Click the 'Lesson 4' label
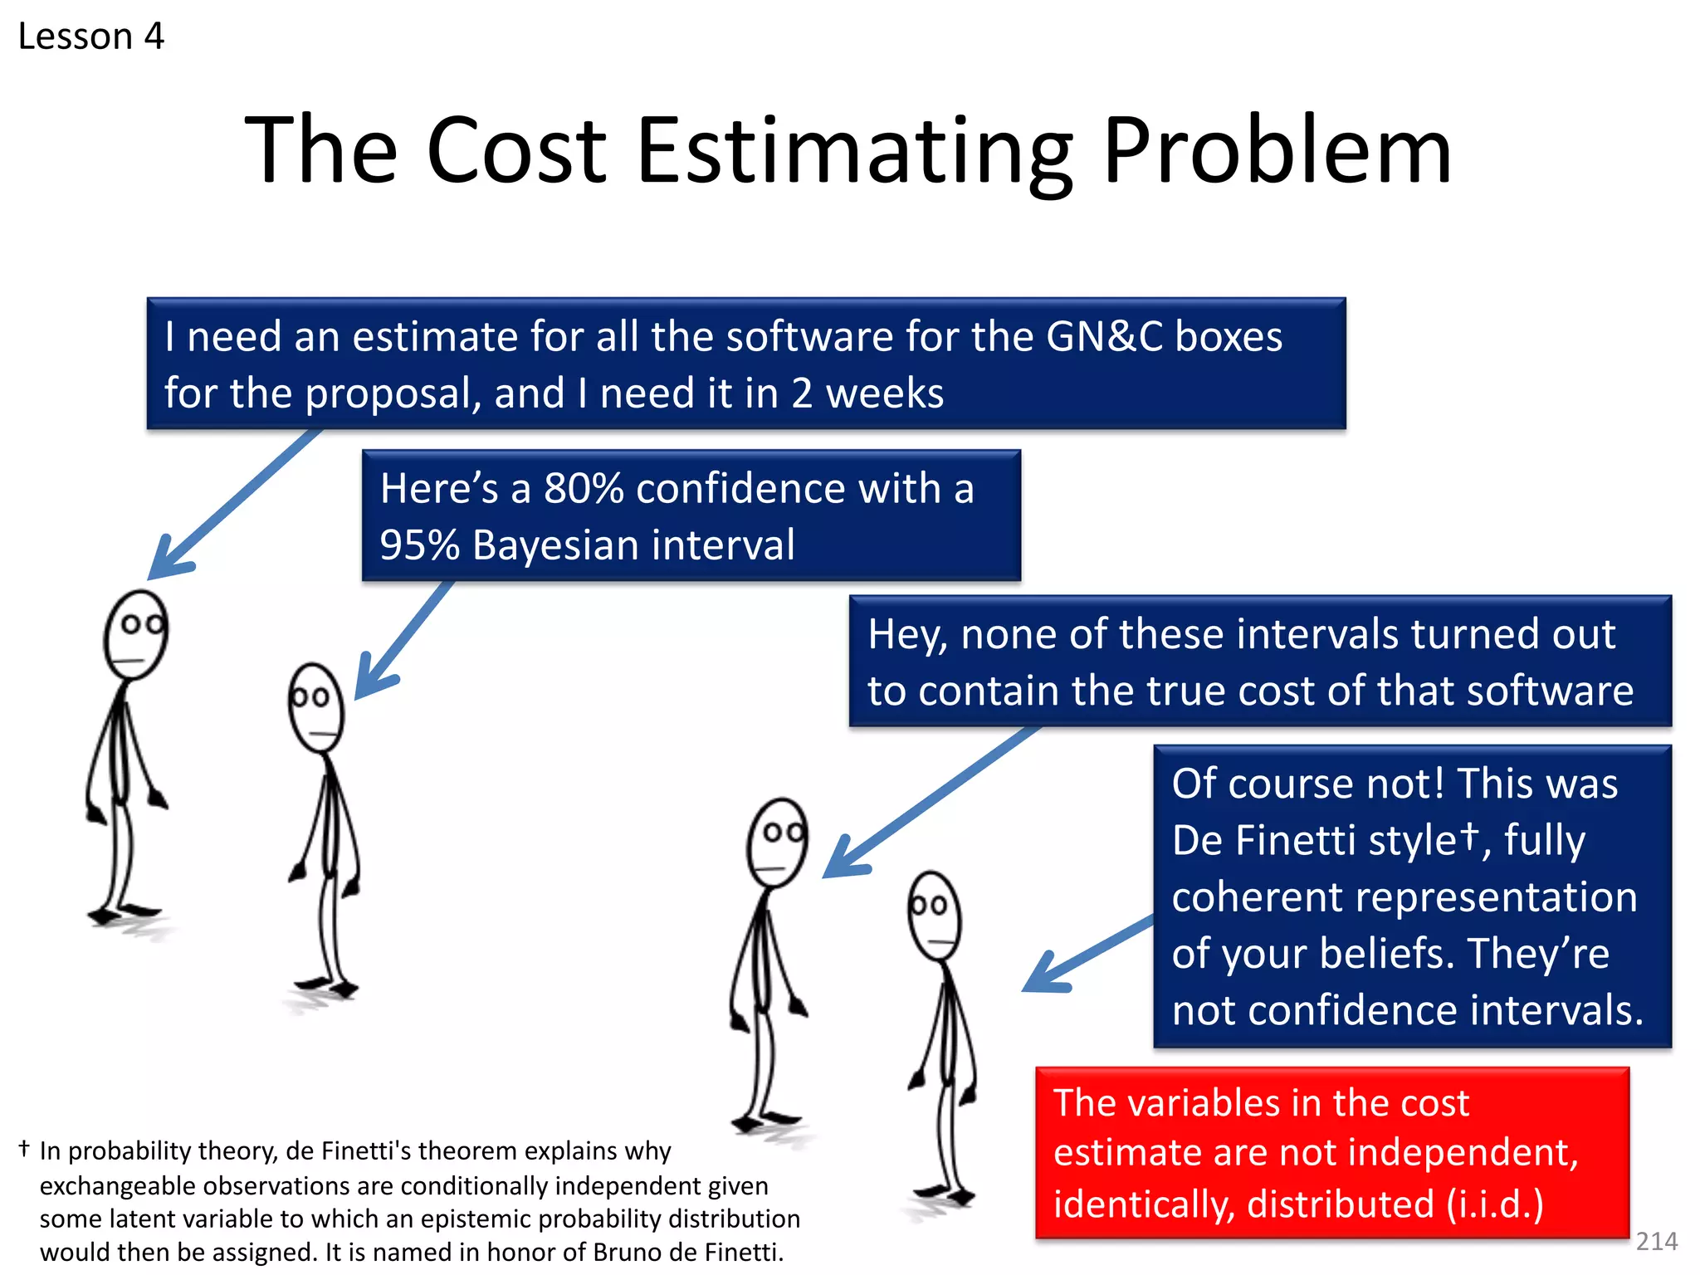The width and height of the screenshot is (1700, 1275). pyautogui.click(x=91, y=37)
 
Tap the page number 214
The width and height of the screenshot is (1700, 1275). pyautogui.click(x=1656, y=1241)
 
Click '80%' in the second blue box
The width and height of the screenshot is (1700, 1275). pyautogui.click(x=584, y=488)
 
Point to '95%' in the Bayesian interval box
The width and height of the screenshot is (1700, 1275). pyautogui.click(x=419, y=545)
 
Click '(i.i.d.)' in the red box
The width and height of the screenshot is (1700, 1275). pyautogui.click(x=1494, y=1204)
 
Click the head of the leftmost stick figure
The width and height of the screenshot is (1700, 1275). pyautogui.click(x=136, y=635)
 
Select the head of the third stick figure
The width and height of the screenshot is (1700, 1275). pyautogui.click(x=776, y=843)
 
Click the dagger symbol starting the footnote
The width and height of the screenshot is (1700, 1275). pyautogui.click(x=24, y=1149)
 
